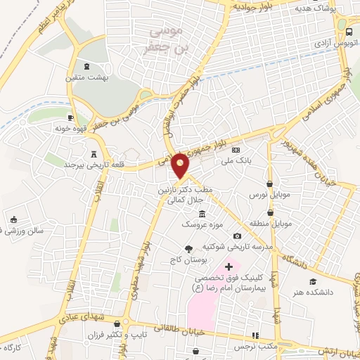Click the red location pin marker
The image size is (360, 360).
pos(181,166)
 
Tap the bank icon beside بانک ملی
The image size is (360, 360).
pos(236,150)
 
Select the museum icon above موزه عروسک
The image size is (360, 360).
pos(202,214)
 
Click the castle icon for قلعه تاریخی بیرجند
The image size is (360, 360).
pos(94,154)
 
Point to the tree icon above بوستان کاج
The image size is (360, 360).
pos(188,249)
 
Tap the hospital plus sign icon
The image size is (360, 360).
pos(229,267)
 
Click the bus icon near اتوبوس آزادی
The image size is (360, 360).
pos(350,32)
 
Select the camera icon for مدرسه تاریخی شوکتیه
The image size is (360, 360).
pos(237,236)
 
